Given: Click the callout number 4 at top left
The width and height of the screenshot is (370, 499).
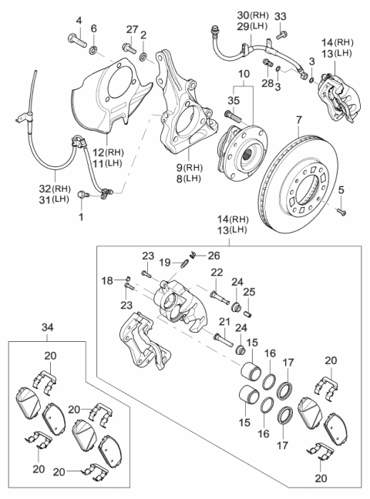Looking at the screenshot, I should [79, 19].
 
